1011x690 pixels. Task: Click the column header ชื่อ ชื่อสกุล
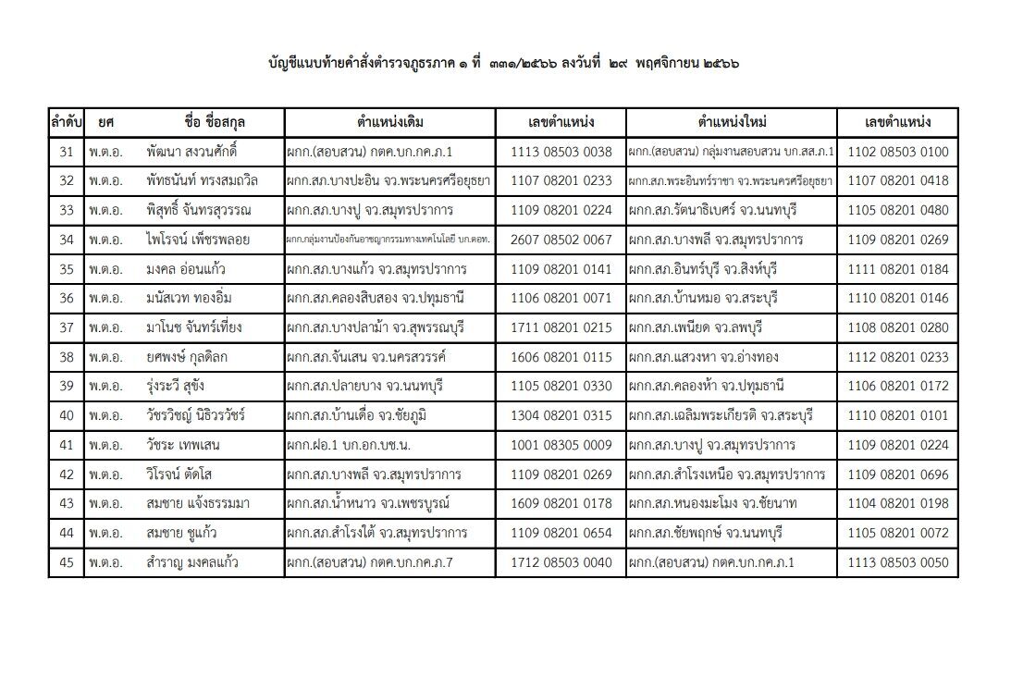coord(215,122)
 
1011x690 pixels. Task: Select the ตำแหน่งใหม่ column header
coord(733,122)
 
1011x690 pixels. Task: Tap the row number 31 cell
coord(66,152)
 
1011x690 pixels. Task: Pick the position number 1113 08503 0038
coord(561,152)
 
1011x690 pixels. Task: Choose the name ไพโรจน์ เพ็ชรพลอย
coord(198,240)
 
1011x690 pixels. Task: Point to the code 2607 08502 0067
coord(561,240)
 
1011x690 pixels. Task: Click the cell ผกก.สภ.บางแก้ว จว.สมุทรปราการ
coord(376,269)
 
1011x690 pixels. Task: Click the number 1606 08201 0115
coord(561,357)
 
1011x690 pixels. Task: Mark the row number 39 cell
coord(66,387)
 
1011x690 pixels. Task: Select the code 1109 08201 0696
coord(898,474)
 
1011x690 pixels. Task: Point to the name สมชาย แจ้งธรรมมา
coord(198,504)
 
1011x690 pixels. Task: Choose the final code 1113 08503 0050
coord(898,562)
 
